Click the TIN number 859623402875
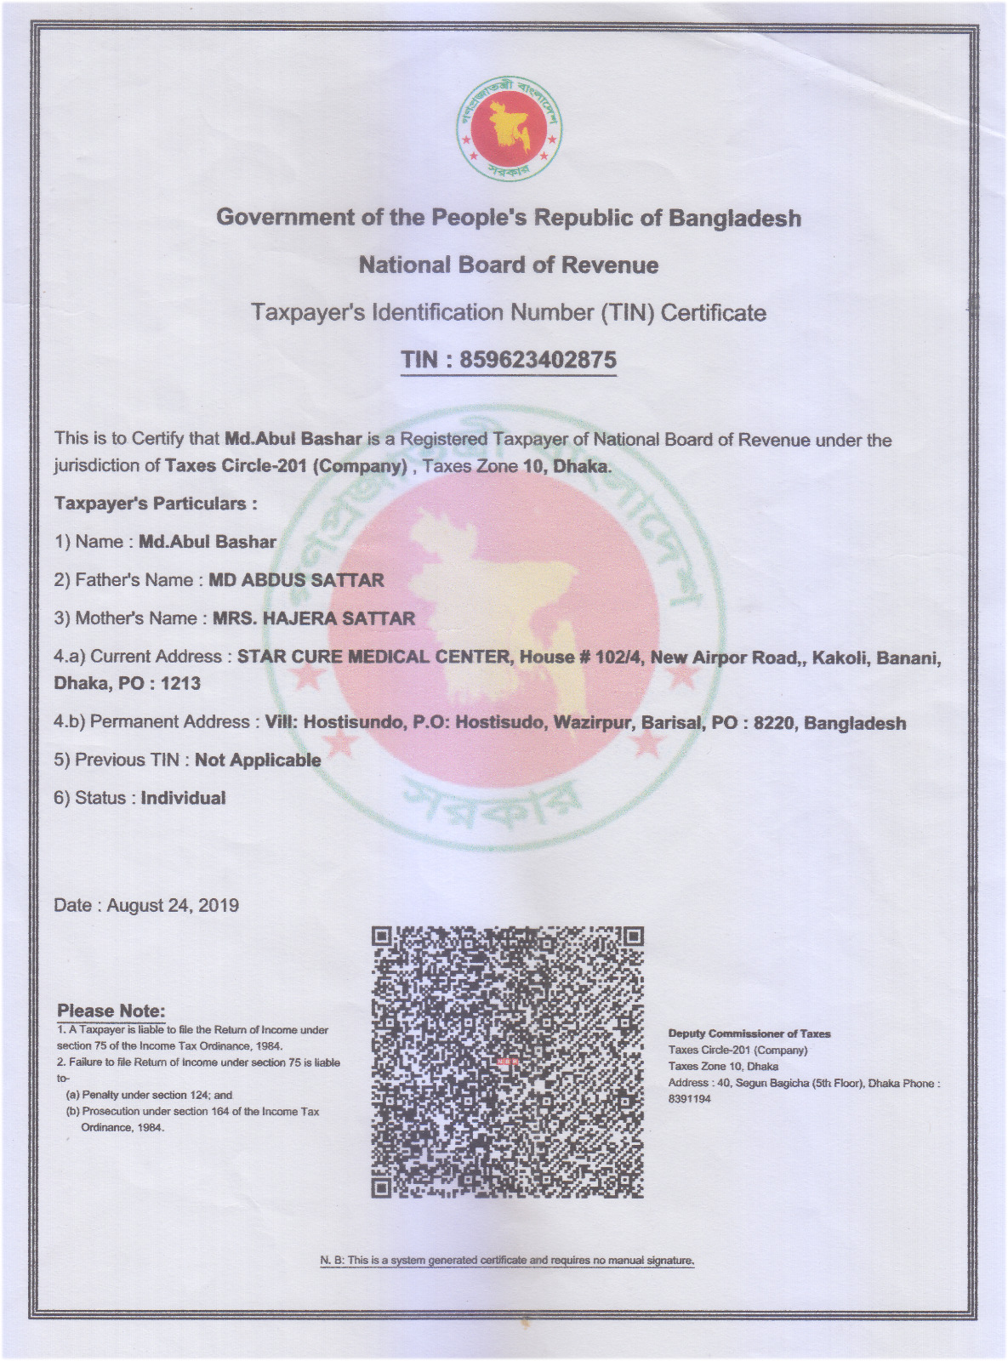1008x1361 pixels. (538, 360)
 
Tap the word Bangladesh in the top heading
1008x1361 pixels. (735, 219)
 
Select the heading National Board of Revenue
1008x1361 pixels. (509, 265)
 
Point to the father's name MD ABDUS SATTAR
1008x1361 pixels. (296, 580)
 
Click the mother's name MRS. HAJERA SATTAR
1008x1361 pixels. (313, 618)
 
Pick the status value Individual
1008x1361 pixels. (183, 798)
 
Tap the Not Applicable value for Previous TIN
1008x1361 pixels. (258, 760)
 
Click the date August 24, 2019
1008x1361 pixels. (173, 905)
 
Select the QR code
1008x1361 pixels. (508, 1062)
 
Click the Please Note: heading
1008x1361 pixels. (111, 1011)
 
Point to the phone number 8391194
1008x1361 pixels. (689, 1099)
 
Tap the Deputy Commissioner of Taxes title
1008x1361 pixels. (749, 1034)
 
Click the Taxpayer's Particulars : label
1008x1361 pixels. (156, 504)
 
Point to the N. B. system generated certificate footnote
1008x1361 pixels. (507, 1260)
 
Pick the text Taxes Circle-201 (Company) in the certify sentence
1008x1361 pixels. (286, 466)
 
